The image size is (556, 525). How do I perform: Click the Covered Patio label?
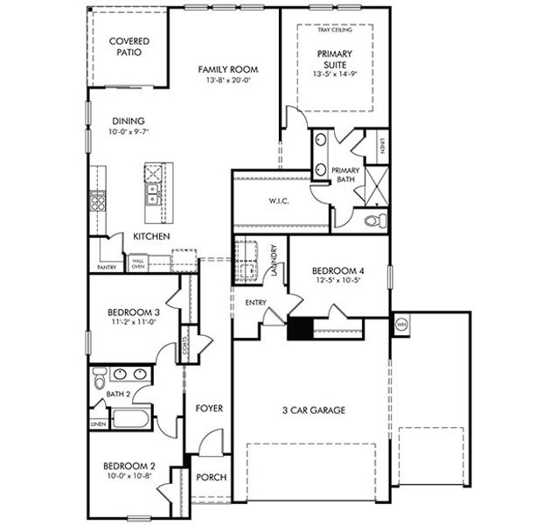[129, 46]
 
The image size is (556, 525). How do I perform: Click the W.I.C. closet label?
[279, 201]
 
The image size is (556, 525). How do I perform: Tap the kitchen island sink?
[152, 192]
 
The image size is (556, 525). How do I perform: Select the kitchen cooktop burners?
[96, 204]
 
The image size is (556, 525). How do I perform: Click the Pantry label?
[108, 267]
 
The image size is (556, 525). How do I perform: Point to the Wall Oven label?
[138, 263]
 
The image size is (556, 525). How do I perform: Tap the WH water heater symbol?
[402, 324]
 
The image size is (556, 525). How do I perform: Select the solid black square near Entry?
[300, 328]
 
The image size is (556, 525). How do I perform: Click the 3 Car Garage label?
[313, 409]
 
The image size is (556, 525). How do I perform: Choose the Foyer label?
[209, 409]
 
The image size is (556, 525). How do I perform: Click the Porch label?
[212, 477]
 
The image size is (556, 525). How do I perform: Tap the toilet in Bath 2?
[99, 379]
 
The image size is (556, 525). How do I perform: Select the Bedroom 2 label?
[129, 465]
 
